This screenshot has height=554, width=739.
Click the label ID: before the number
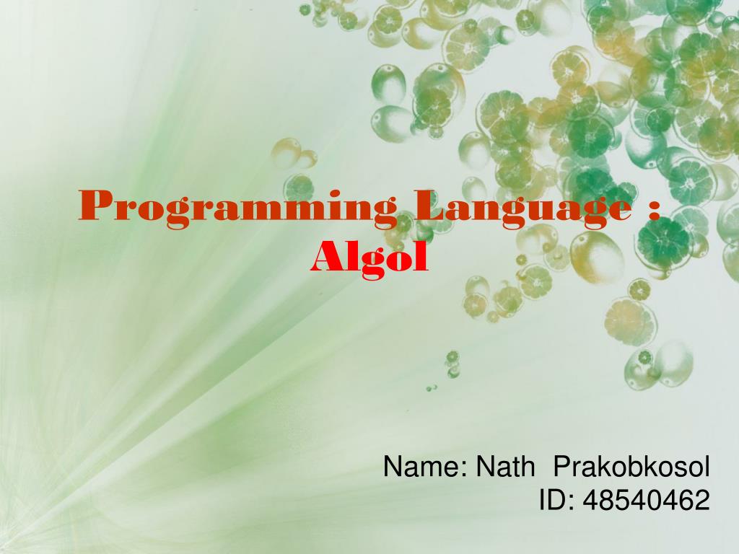pos(555,500)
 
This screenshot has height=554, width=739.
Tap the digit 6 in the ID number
pos(686,500)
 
